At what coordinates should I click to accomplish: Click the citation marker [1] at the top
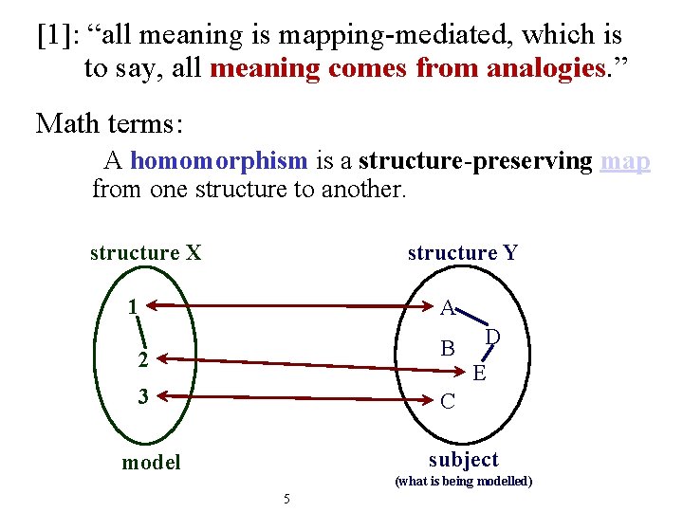[55, 36]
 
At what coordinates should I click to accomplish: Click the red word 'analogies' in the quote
[545, 69]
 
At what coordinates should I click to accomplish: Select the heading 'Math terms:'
[109, 123]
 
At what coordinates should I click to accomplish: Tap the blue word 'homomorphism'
[218, 161]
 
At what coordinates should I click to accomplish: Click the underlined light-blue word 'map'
[625, 161]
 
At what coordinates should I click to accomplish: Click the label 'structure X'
[145, 253]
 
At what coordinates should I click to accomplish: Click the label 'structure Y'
[462, 253]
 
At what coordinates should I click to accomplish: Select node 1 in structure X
[136, 307]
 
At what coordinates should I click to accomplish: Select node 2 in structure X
[142, 359]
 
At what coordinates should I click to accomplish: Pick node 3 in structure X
[142, 396]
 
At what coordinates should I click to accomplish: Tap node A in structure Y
[448, 307]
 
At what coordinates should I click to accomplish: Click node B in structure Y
[448, 348]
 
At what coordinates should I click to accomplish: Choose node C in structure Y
[448, 402]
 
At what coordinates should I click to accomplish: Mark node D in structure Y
[493, 337]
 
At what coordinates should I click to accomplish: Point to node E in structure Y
[479, 374]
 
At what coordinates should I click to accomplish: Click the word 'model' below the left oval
[150, 463]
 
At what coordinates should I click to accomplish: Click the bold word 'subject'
[463, 460]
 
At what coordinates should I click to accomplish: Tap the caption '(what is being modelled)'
[463, 482]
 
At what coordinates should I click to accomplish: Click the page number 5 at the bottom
[286, 499]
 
